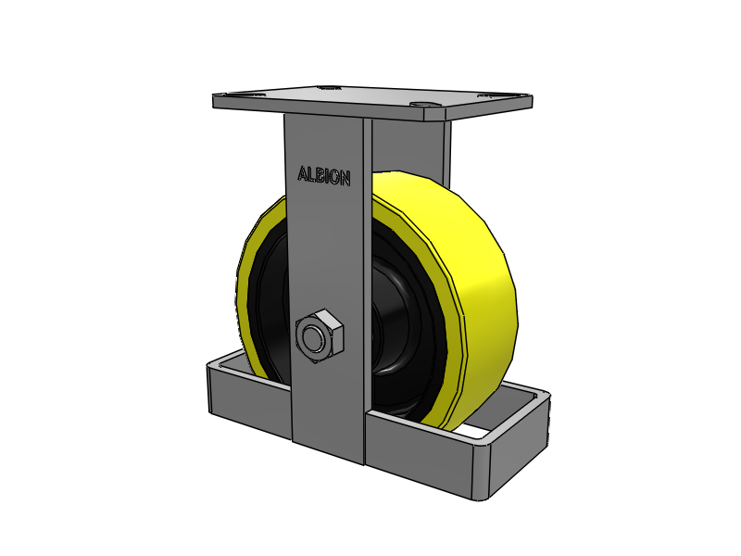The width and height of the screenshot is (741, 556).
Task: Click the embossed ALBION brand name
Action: (x=324, y=176)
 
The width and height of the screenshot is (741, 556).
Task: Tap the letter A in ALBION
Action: (x=303, y=174)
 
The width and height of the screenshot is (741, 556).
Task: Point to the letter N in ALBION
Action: (x=345, y=178)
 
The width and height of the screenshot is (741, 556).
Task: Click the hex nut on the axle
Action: (x=319, y=335)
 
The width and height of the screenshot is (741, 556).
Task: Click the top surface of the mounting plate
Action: (x=373, y=98)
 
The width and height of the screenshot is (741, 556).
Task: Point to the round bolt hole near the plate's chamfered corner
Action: (x=421, y=104)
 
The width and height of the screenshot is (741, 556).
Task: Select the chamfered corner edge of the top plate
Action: (x=435, y=114)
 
